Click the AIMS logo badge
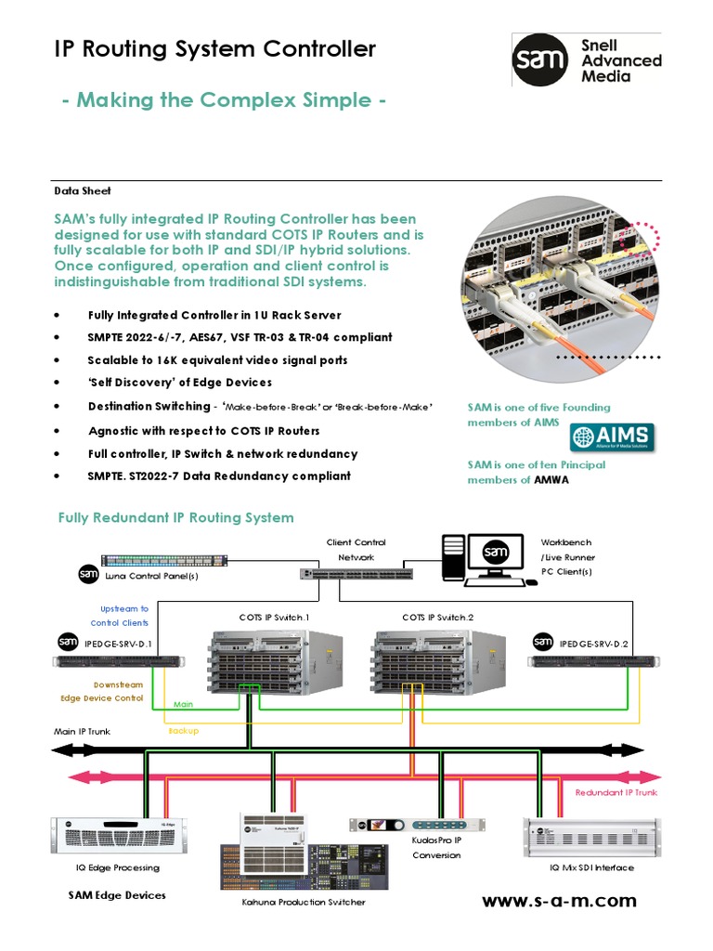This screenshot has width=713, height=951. coord(611,437)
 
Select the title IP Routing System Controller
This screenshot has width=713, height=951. coord(215,49)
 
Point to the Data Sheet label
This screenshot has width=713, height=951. coord(83,190)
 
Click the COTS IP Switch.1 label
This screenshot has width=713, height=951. coord(274,617)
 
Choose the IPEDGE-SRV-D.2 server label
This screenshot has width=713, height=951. coord(594,643)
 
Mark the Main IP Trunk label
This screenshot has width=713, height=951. coord(82,732)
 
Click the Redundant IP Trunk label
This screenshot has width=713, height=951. coord(616,792)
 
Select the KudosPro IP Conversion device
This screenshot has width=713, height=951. coord(417,825)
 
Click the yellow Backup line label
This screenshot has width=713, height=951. coord(183,731)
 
